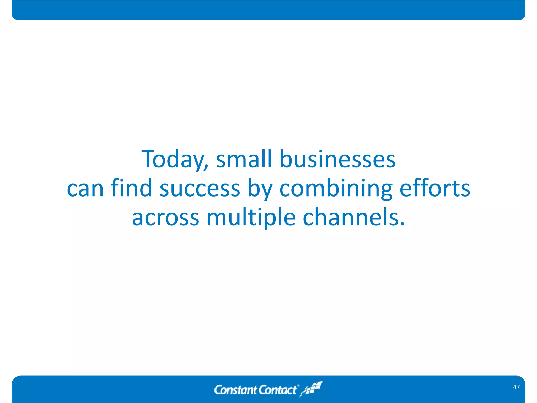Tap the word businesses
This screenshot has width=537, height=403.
coord(337,159)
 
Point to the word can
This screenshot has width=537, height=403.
coord(85,188)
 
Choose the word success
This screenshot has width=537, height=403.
coord(200,188)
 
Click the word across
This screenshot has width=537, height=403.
coord(165,217)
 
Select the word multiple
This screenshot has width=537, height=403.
coord(251,217)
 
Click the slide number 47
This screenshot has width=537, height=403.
coord(516,387)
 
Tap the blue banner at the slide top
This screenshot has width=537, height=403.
coord(268,10)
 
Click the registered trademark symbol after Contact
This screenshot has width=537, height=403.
coord(298,386)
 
